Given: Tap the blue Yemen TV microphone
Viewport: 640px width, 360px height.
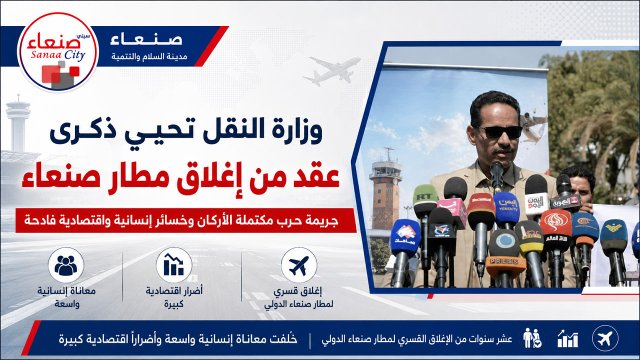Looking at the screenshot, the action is (x=506, y=208).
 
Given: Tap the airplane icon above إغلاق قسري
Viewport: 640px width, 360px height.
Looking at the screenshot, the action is (x=299, y=265).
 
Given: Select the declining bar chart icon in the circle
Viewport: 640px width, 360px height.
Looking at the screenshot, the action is (x=173, y=264).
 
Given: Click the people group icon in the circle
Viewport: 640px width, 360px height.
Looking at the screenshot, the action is (x=65, y=265).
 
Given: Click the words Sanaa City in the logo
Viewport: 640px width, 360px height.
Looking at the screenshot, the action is (x=58, y=54).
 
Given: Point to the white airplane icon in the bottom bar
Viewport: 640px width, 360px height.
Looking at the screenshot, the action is (x=605, y=338).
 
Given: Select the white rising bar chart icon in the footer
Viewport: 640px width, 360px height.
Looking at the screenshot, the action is (x=567, y=339).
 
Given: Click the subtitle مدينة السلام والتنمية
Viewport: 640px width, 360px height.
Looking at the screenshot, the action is (x=149, y=56).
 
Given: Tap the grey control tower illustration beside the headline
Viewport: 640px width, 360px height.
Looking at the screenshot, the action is (x=17, y=123).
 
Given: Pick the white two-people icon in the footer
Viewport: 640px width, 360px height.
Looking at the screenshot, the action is (x=531, y=338).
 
